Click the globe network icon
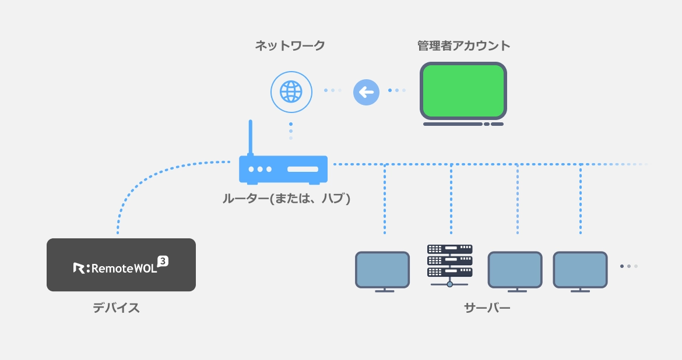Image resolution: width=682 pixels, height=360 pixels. [290, 91]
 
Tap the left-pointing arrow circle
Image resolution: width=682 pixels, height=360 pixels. [366, 91]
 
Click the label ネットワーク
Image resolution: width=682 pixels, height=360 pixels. [290, 45]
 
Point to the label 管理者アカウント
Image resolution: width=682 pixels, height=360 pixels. [463, 45]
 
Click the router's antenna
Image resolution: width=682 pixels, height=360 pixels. [251, 137]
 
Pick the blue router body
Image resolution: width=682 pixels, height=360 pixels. [283, 169]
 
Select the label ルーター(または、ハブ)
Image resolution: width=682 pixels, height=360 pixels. [286, 199]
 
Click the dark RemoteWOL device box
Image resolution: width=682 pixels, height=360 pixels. [121, 264]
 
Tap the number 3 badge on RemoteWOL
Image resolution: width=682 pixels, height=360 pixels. [163, 261]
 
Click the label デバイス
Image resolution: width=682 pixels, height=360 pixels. [117, 308]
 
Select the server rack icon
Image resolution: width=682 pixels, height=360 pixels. [449, 262]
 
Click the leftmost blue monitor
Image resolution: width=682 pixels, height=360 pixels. [382, 270]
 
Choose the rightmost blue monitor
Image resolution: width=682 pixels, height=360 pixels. [580, 270]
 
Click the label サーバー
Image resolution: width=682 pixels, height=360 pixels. [487, 308]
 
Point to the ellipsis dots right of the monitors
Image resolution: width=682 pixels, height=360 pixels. [628, 266]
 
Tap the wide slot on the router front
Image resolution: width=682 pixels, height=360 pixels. [303, 170]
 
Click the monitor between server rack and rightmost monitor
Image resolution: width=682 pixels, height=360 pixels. [515, 270]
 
